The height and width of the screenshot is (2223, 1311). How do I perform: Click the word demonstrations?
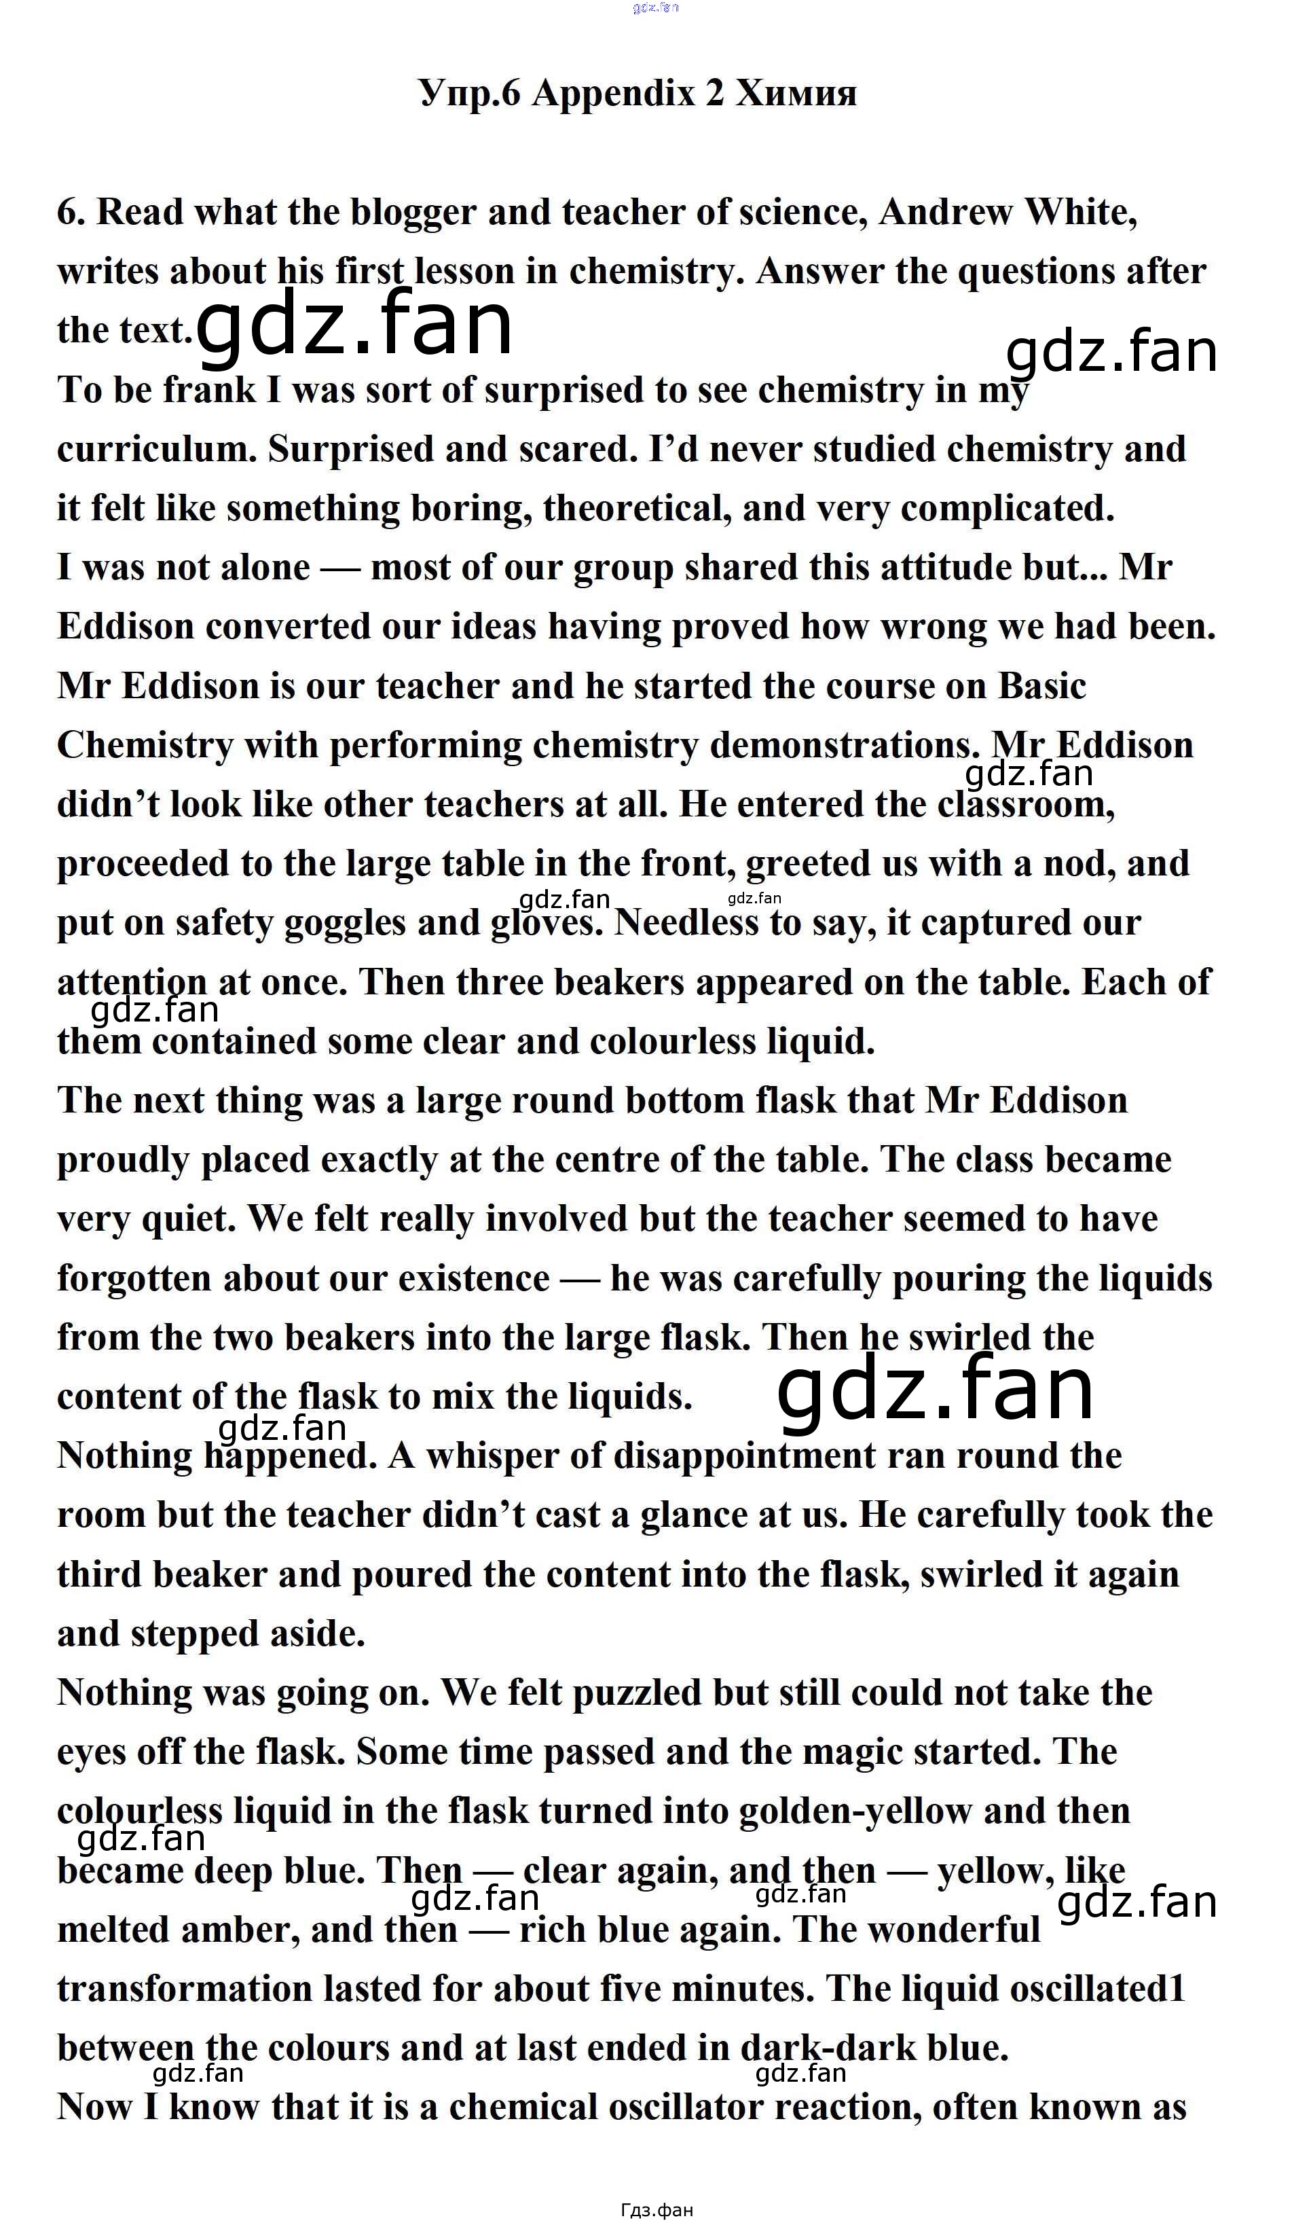tap(845, 745)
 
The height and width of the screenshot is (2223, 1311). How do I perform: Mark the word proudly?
tap(123, 1161)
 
